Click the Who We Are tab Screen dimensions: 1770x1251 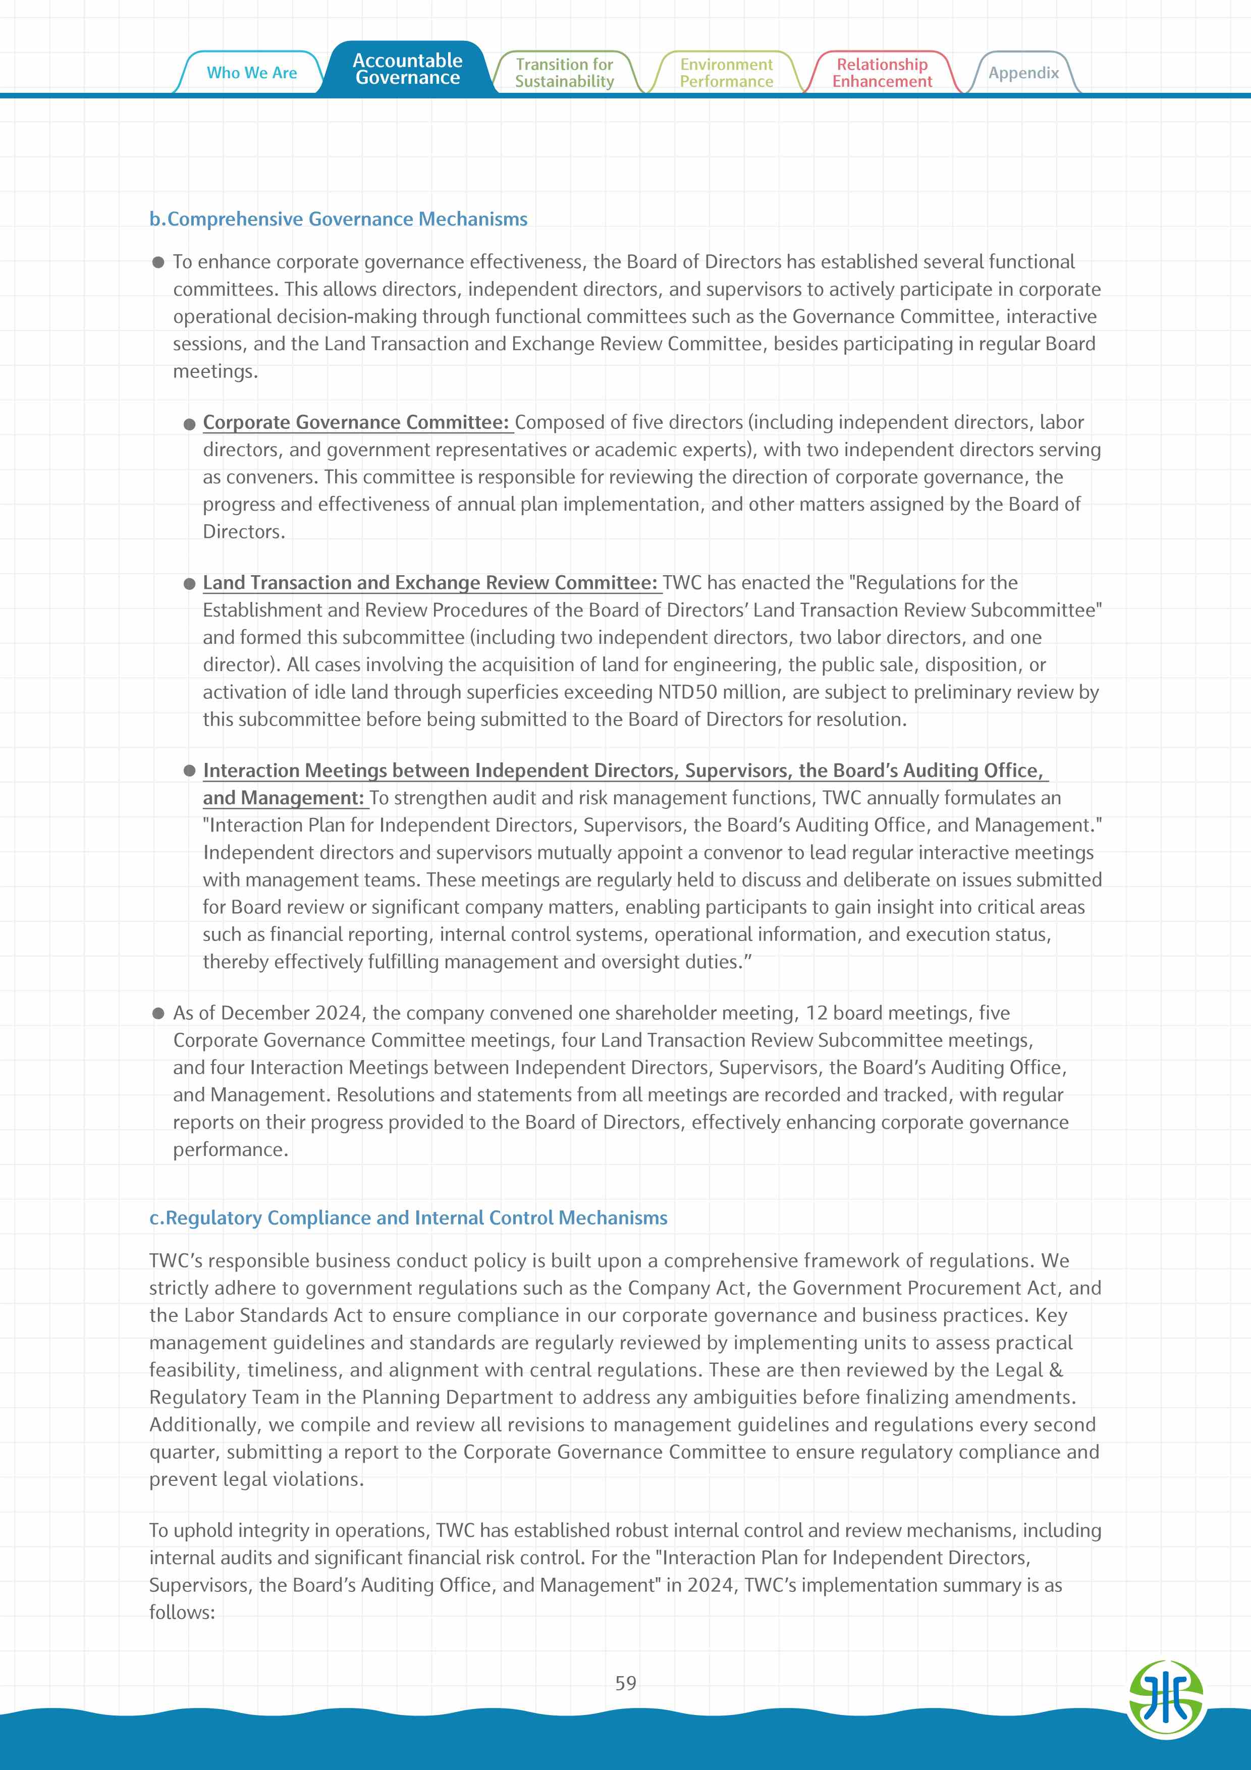click(251, 73)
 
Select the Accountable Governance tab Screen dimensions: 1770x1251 click(407, 69)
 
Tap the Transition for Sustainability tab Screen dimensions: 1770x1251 click(564, 73)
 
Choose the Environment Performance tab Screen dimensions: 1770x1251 click(726, 73)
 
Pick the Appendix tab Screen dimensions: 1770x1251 click(1023, 73)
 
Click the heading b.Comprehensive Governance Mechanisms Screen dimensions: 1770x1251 click(339, 219)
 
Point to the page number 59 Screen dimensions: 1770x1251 click(625, 1683)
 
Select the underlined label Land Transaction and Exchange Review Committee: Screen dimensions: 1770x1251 click(430, 583)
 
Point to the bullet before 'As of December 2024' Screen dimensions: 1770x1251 click(158, 1013)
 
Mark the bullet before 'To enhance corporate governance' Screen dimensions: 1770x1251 click(158, 262)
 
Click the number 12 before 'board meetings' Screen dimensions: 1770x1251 click(817, 1013)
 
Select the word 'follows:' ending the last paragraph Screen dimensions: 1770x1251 click(182, 1612)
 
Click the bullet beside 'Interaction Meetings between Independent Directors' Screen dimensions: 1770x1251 click(190, 771)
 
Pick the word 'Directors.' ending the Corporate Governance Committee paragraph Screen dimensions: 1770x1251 click(244, 532)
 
